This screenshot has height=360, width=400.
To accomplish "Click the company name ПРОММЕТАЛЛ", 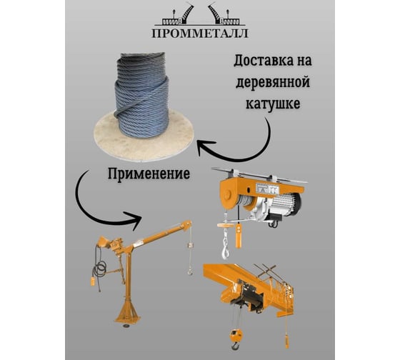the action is coord(200,34).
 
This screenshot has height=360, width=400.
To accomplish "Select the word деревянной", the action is coord(273,83).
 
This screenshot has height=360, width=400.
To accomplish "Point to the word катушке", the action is coord(273,104).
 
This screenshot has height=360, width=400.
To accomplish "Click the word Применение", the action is coord(149,174).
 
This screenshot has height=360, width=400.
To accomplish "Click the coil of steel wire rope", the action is coord(142,95).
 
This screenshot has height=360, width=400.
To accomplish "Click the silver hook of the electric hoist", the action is coord(225,246).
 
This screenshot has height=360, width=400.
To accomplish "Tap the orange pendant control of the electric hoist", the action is coord(238,236).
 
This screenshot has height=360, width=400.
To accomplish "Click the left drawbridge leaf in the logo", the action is coord(188,12).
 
